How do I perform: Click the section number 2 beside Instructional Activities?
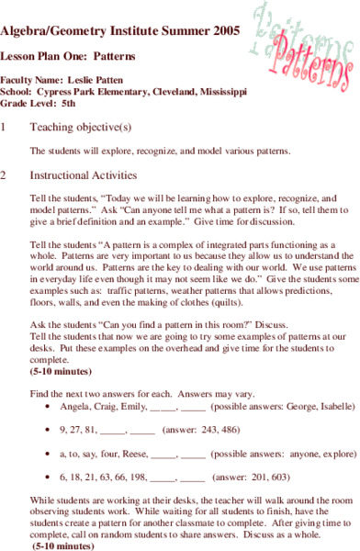pos(5,174)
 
